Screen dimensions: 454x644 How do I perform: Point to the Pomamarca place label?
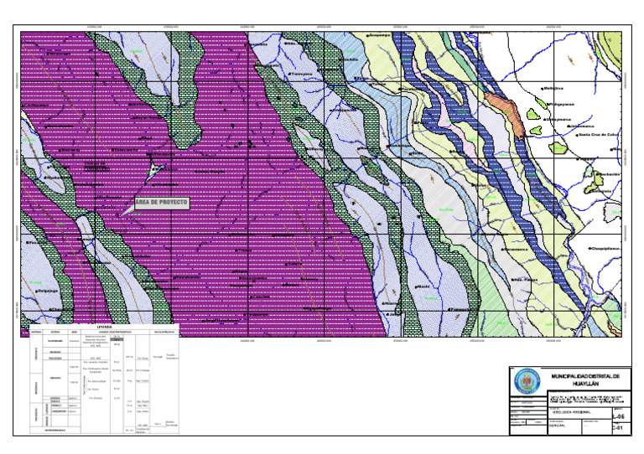(515, 250)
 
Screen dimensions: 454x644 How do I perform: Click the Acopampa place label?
(381, 36)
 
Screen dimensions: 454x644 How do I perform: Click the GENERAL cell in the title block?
(559, 426)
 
